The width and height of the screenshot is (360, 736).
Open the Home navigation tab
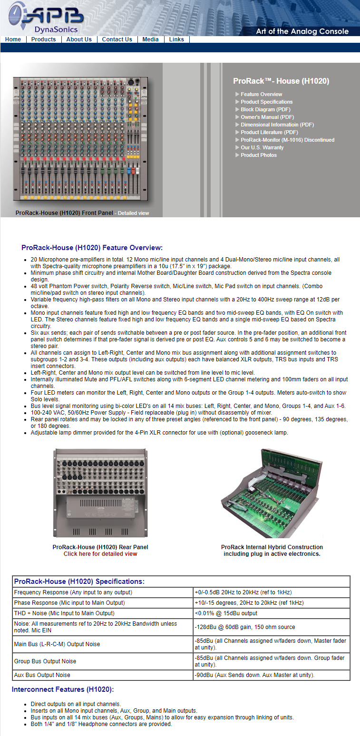click(13, 39)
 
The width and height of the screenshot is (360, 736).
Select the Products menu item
click(43, 39)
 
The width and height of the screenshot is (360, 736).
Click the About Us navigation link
click(79, 39)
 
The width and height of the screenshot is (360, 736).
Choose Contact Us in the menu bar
click(117, 39)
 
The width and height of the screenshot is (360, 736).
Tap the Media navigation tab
click(150, 39)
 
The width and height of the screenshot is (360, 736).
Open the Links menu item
click(176, 39)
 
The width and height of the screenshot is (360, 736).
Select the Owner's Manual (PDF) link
click(267, 117)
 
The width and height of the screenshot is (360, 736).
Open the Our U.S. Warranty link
click(262, 147)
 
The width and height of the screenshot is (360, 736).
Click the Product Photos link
click(258, 155)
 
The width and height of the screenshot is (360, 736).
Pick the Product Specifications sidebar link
click(266, 102)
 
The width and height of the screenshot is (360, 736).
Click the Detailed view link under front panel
click(133, 213)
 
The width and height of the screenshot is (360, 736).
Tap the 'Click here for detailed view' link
click(100, 554)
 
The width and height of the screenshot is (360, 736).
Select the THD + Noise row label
click(64, 613)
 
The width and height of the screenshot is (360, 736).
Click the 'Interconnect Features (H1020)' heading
click(63, 689)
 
